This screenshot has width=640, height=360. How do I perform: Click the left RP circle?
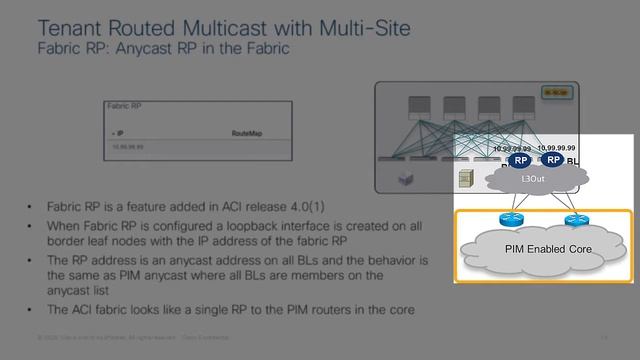tap(519, 160)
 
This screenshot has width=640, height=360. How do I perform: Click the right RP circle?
tap(552, 160)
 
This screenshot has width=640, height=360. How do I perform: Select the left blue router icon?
tap(505, 219)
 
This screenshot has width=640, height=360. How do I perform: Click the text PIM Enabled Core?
tap(547, 249)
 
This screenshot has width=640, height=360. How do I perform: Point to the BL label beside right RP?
tap(572, 160)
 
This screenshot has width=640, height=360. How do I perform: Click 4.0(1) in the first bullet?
tap(308, 206)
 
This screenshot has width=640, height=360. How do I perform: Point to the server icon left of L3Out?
tap(464, 178)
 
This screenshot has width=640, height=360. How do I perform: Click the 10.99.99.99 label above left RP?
tap(512, 148)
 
